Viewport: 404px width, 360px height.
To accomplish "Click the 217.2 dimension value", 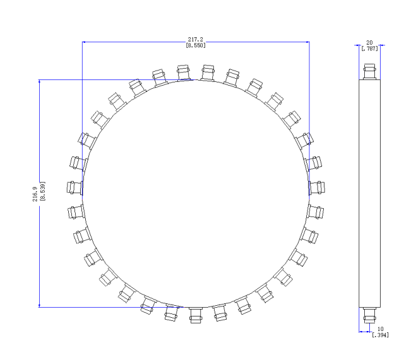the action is [195, 39].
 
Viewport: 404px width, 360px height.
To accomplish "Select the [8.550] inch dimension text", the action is [196, 45].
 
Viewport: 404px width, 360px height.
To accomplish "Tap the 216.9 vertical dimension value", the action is [35, 194].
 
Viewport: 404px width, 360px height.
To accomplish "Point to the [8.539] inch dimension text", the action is [43, 191].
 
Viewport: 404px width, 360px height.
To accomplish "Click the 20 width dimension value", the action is [369, 43].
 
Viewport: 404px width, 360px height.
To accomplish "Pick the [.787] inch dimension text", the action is [370, 49].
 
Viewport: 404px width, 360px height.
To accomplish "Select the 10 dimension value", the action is [380, 329].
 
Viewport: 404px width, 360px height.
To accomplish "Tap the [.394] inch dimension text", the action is [381, 335].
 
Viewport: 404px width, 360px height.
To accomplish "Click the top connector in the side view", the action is [370, 72].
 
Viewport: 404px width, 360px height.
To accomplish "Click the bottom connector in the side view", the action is [370, 315].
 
